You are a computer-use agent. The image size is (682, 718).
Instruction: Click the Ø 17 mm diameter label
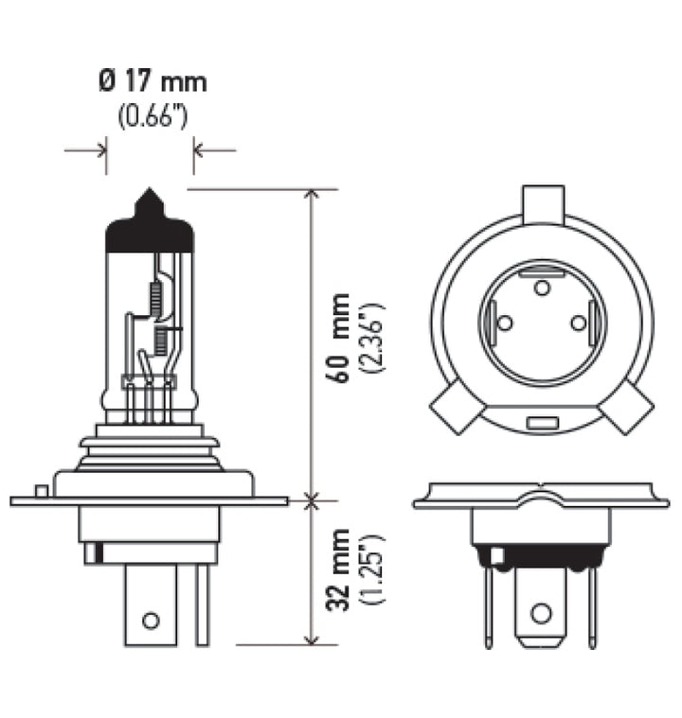[152, 82]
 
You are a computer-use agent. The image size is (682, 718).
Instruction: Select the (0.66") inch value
[152, 117]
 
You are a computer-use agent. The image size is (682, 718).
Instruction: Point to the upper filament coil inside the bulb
[157, 300]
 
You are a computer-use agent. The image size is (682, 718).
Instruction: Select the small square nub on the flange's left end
[40, 490]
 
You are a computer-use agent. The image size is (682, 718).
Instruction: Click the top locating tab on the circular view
[543, 202]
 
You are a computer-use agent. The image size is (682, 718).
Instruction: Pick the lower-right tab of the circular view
[628, 409]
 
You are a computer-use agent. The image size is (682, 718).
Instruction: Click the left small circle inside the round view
[505, 324]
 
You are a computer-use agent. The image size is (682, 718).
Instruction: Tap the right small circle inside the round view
[579, 324]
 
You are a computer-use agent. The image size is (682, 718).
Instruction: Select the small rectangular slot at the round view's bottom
[542, 420]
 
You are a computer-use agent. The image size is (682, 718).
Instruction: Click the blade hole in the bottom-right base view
[541, 613]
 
